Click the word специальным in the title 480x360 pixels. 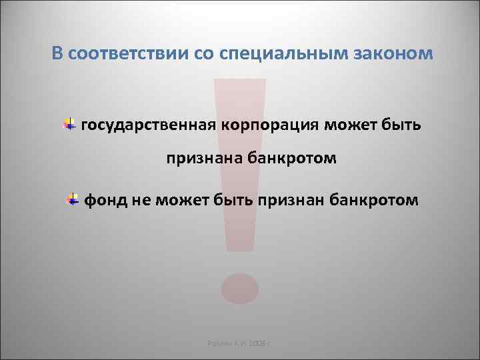[x=297, y=53]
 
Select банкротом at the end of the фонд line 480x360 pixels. [x=375, y=199]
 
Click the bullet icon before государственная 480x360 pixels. [x=69, y=124]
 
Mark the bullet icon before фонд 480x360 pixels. [x=72, y=199]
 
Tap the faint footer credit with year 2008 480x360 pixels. [x=241, y=343]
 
